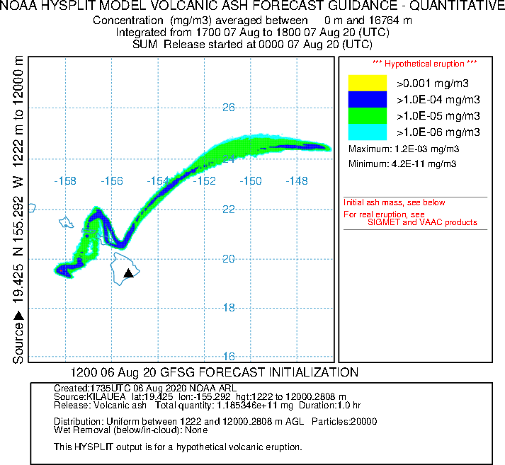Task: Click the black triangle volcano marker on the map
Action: [x=128, y=273]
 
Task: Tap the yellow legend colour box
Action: [x=367, y=83]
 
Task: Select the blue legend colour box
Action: [x=367, y=99]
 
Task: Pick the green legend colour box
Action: [x=367, y=115]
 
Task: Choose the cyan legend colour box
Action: [x=367, y=132]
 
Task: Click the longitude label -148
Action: [x=297, y=181]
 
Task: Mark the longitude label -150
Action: [x=251, y=181]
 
